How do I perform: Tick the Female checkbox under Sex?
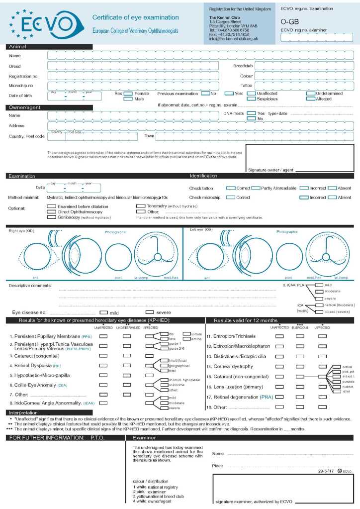128,93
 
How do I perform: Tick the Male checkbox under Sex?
128,99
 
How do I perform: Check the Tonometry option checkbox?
141,206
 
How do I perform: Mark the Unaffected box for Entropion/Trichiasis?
279,336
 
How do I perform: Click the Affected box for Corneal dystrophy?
322,366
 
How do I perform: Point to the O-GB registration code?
290,22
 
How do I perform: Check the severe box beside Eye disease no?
149,312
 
